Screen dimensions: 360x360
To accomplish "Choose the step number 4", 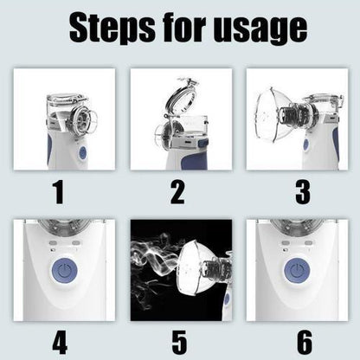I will click(x=58, y=342).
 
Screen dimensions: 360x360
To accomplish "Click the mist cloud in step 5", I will click(x=151, y=260).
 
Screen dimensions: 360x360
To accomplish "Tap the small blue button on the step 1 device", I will click(x=83, y=152).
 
